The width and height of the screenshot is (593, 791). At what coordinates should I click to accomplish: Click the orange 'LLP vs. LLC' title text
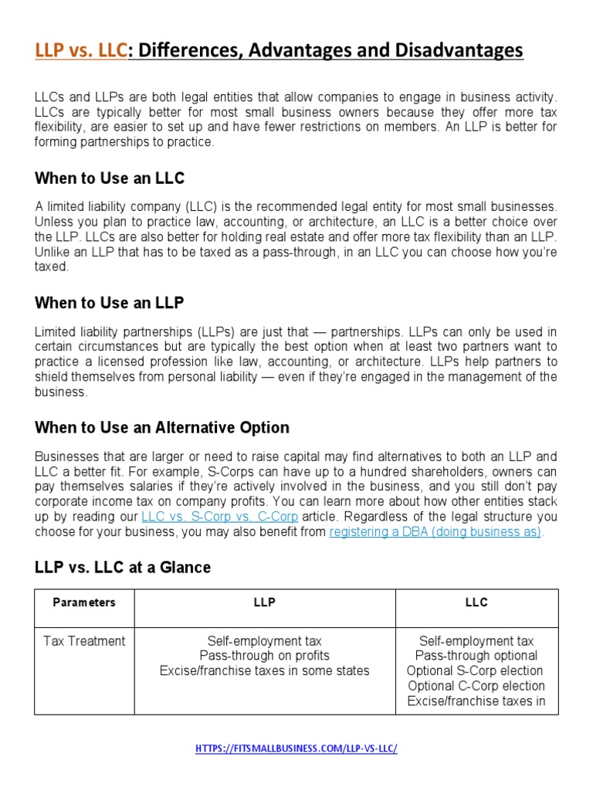[80, 51]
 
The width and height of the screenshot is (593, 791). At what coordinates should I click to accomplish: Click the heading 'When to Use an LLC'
[110, 179]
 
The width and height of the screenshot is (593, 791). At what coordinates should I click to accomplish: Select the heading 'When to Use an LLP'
[109, 303]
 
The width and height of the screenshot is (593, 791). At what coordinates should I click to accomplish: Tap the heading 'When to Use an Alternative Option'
[162, 427]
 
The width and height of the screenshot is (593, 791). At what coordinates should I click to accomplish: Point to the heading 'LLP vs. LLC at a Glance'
[123, 567]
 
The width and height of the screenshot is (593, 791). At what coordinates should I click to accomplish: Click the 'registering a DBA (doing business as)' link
[435, 532]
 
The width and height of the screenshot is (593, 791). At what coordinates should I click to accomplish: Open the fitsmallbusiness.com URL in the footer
[296, 749]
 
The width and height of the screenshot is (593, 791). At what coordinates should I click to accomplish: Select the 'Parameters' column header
[84, 603]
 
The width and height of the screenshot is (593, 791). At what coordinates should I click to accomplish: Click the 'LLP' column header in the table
[265, 603]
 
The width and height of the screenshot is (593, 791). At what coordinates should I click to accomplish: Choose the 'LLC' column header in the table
[476, 603]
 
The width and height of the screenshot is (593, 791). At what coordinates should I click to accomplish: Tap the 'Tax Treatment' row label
[84, 641]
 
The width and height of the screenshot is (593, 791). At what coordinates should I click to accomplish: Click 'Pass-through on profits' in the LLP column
[265, 656]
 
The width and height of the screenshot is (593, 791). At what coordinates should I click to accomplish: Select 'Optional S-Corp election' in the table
[476, 670]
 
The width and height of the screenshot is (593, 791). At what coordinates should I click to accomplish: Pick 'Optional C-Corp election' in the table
[476, 686]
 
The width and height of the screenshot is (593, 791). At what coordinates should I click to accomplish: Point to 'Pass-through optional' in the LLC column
[476, 656]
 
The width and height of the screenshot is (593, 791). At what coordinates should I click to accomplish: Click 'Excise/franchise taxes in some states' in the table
[265, 670]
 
